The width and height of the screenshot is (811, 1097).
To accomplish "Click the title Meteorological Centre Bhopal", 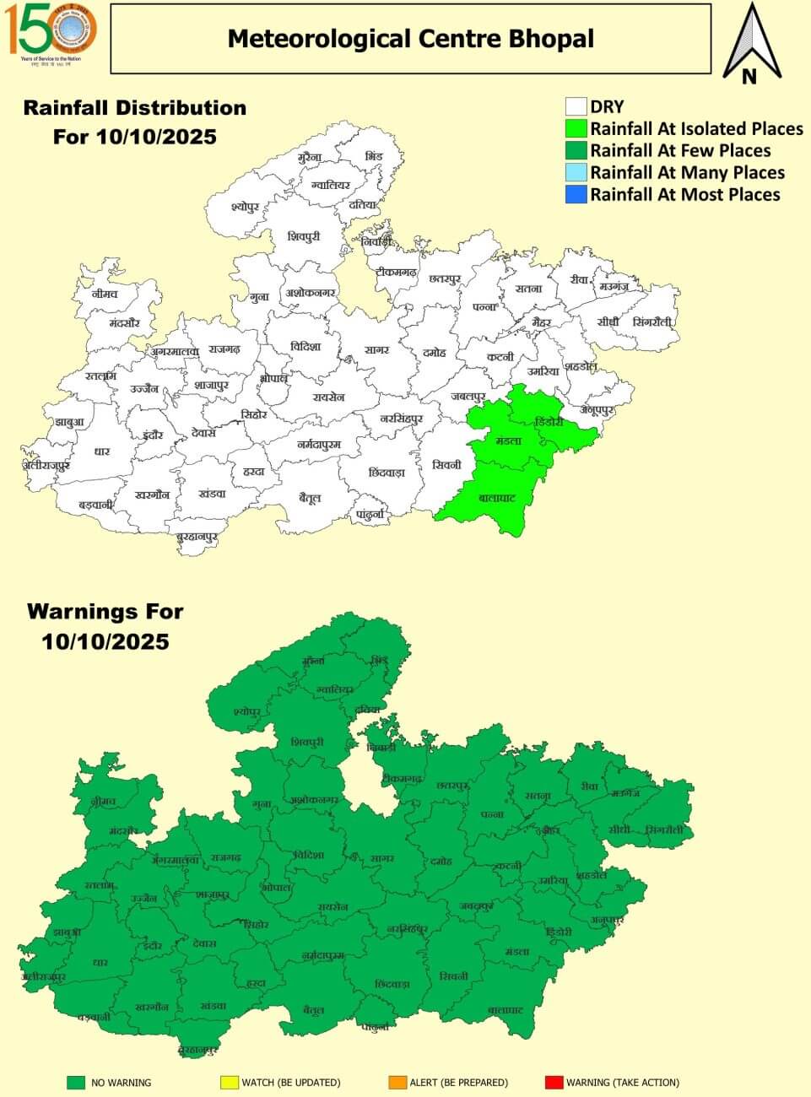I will coord(410,39).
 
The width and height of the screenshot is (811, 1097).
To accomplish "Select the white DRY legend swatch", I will coord(576,106).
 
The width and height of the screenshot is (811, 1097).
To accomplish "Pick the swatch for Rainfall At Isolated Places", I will coord(576,128).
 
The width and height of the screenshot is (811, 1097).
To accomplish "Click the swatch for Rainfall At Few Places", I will coord(576,150).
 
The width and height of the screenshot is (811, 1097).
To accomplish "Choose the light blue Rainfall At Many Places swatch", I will coord(576,172).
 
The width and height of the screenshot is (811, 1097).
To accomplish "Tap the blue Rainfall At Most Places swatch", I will coord(576,194).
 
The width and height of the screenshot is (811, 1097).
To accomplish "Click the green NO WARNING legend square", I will coord(76,1082).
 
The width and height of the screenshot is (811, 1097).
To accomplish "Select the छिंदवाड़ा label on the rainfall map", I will coord(387,473).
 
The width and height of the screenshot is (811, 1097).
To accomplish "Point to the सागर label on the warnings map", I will coord(381,858).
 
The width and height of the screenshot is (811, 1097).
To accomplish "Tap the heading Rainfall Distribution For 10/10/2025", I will coord(135,122).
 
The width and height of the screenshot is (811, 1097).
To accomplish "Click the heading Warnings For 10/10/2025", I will coord(105,626).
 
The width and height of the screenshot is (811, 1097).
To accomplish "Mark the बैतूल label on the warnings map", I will coord(313,1009).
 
